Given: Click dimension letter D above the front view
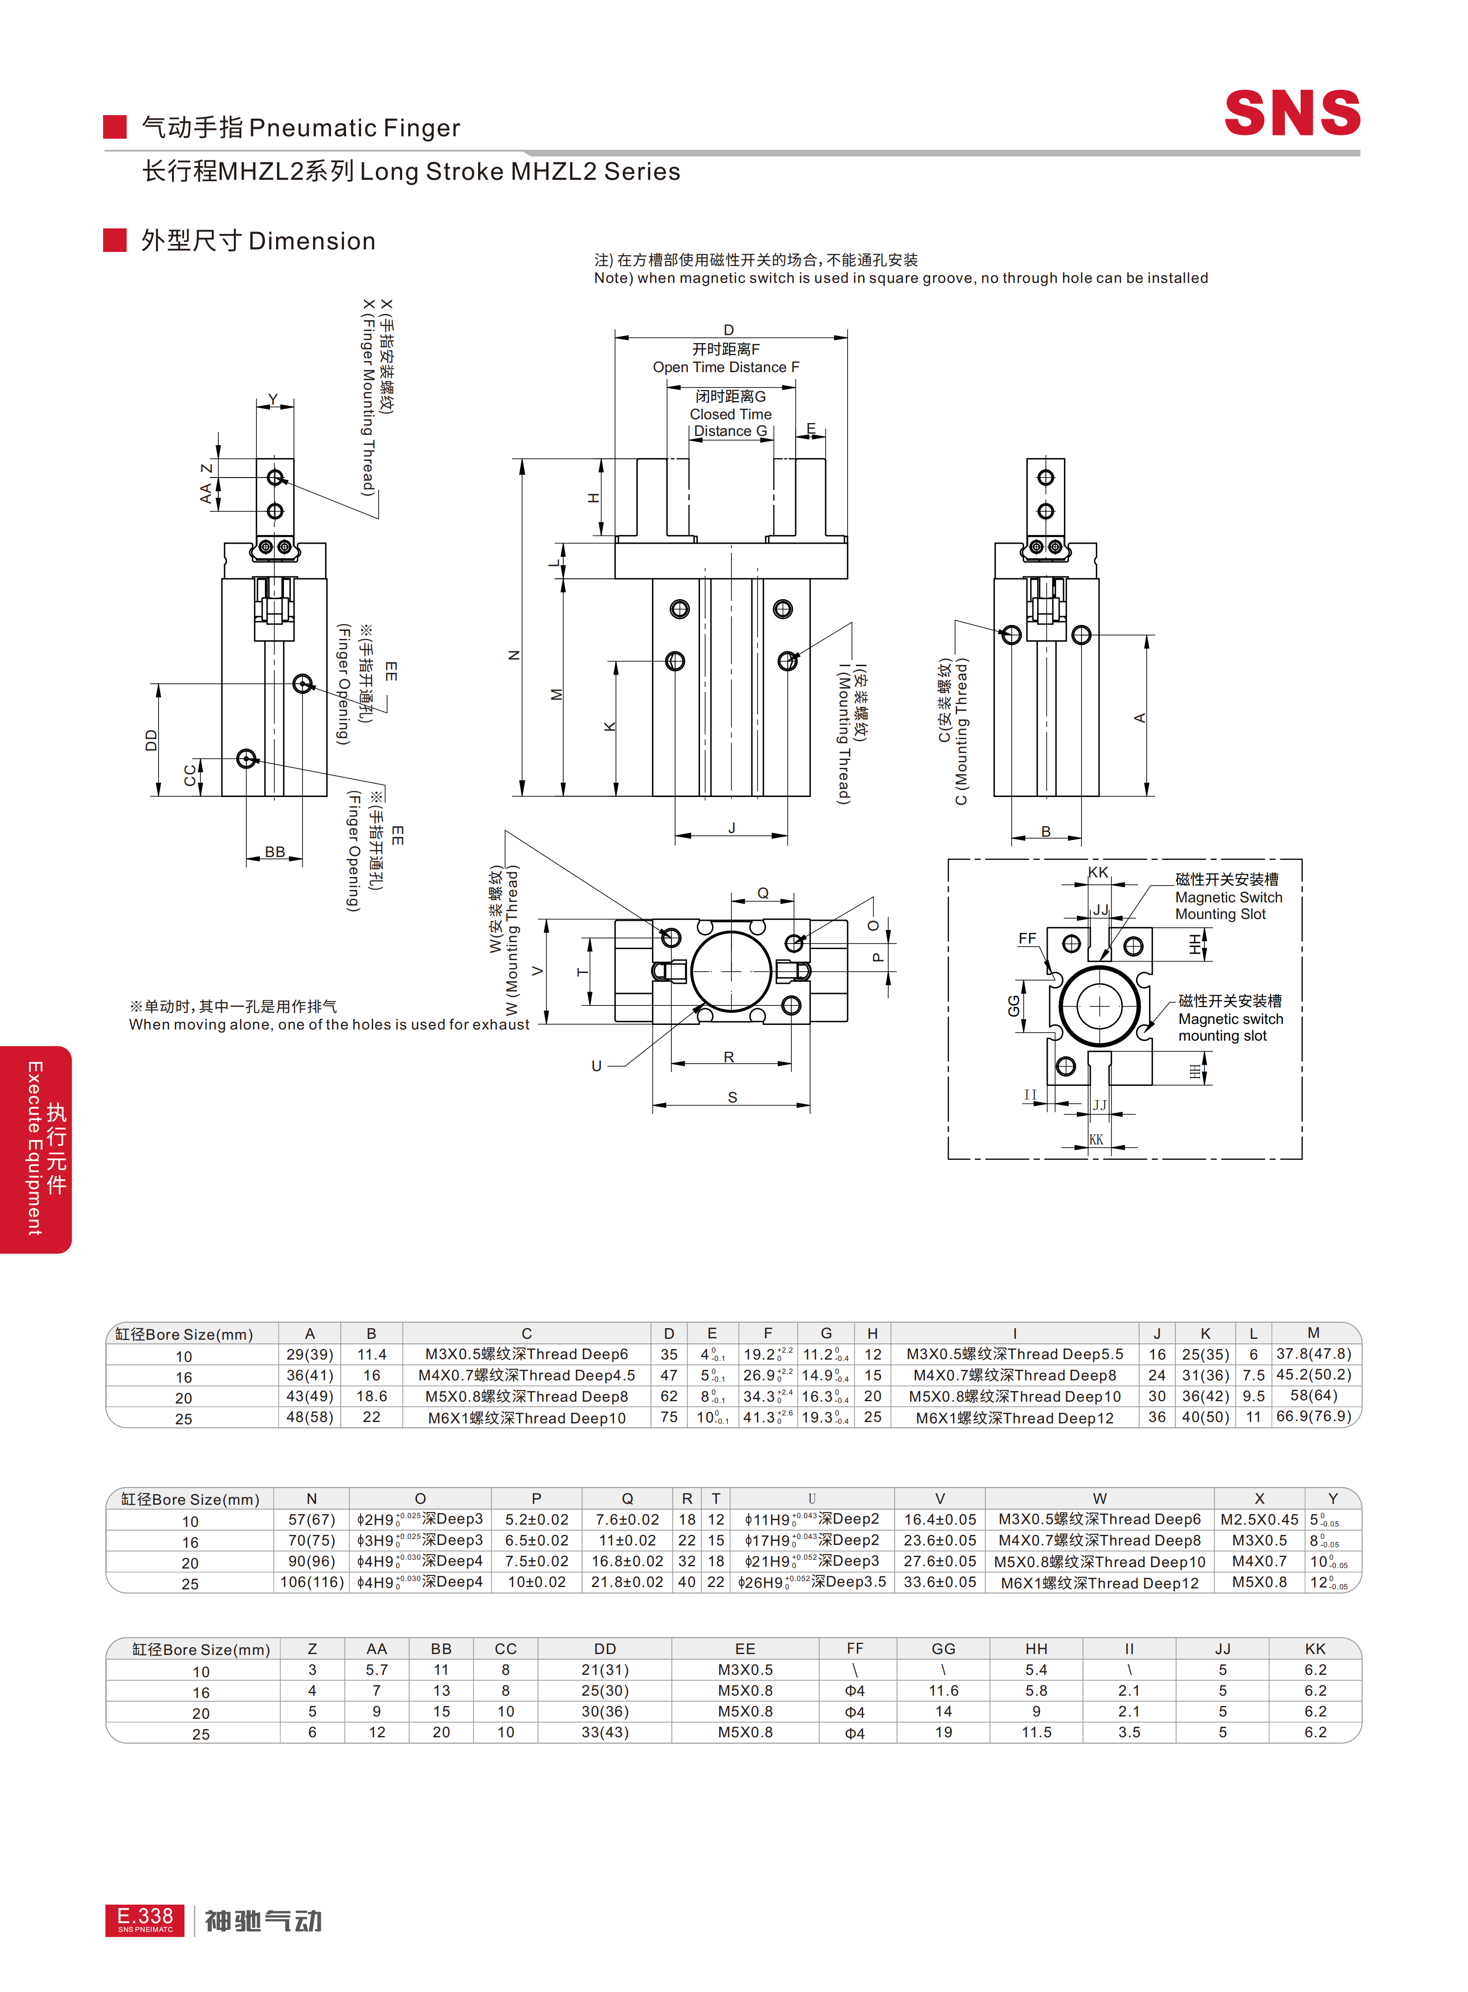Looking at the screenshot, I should click(729, 330).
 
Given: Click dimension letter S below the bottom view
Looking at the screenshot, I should click(732, 1097).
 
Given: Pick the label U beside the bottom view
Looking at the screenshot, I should click(596, 1065).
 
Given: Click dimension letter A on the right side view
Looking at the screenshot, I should click(1139, 718).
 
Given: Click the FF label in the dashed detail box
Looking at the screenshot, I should click(1027, 938).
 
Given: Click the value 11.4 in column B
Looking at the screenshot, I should click(371, 1354).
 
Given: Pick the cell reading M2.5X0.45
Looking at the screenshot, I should click(1258, 1520).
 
